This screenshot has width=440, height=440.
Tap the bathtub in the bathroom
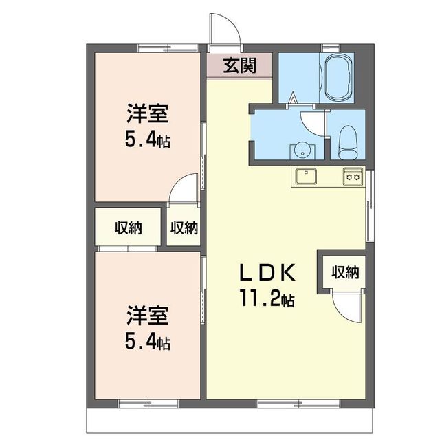tap(337, 77)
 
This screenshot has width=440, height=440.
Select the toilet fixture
tap(348, 140)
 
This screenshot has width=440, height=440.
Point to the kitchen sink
tap(306, 176)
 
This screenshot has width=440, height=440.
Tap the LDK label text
tap(267, 274)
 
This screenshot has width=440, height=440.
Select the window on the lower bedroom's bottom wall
tap(139, 401)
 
